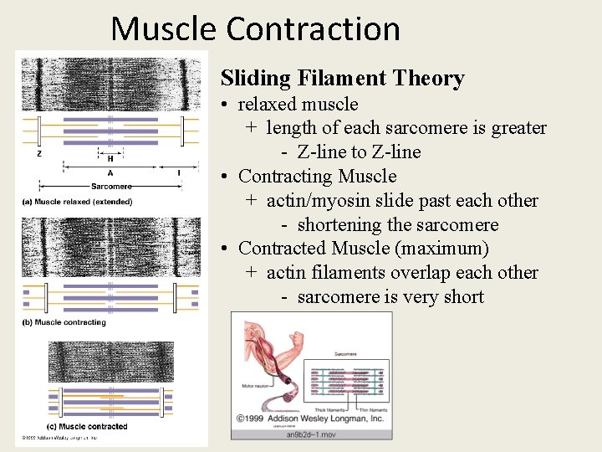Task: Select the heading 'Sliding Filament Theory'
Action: click(x=342, y=79)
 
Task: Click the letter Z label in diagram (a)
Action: click(x=38, y=154)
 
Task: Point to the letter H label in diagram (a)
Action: click(x=110, y=158)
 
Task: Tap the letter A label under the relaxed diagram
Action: click(x=110, y=173)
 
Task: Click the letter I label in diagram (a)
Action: click(x=179, y=173)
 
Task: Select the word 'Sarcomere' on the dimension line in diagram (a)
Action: click(x=110, y=187)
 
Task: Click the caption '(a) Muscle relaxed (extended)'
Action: click(x=77, y=202)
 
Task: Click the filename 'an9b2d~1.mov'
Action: click(x=312, y=434)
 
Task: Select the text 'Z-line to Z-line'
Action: click(x=359, y=152)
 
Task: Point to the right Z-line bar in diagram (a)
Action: click(x=182, y=131)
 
